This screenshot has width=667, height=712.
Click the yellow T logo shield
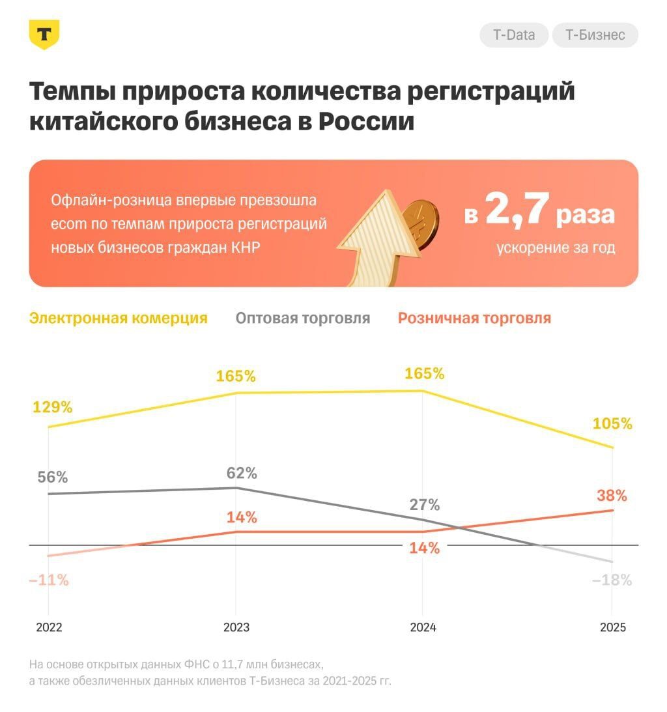click(44, 34)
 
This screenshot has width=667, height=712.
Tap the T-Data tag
click(514, 35)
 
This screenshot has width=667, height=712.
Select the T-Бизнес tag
click(595, 35)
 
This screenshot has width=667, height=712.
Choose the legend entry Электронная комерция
click(119, 319)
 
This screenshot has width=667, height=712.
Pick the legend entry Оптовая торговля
click(303, 319)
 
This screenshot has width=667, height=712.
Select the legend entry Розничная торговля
click(474, 319)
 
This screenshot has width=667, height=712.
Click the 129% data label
click(52, 407)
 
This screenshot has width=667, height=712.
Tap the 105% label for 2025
click(612, 423)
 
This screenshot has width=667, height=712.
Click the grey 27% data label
click(425, 505)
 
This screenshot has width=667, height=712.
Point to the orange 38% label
click(612, 496)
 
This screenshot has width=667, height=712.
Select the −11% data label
click(49, 580)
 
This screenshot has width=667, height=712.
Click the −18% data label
click(612, 580)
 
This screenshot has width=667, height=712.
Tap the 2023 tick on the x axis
click(236, 627)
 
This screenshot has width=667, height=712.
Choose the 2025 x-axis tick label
click(612, 627)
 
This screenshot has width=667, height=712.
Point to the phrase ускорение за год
click(556, 248)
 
